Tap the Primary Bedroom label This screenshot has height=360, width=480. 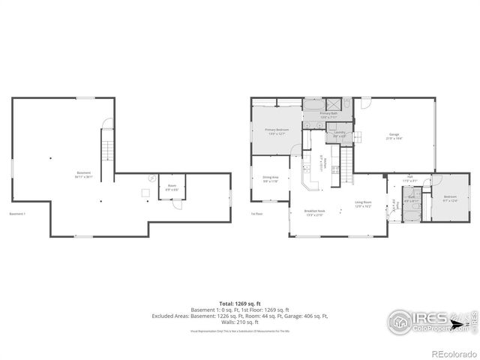click(x=277, y=130)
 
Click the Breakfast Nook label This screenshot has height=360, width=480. click(x=314, y=211)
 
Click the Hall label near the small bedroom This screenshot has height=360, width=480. click(x=409, y=180)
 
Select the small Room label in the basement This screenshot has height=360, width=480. click(x=172, y=187)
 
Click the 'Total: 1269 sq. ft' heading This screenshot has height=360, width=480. click(x=239, y=302)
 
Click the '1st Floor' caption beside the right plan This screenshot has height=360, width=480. click(x=256, y=214)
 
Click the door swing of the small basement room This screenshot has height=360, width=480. click(x=175, y=206)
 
